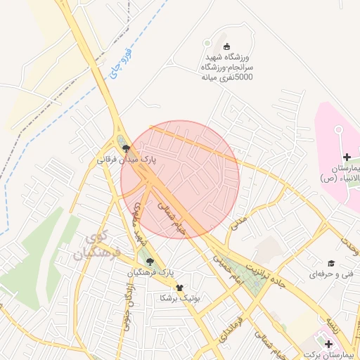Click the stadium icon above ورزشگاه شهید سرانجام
click(224, 44)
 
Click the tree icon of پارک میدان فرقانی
click(127, 148)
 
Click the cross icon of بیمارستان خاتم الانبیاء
click(347, 155)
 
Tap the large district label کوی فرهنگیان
click(98, 243)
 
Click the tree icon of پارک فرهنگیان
click(148, 262)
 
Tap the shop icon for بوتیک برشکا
click(179, 288)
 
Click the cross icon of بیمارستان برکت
click(329, 343)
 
